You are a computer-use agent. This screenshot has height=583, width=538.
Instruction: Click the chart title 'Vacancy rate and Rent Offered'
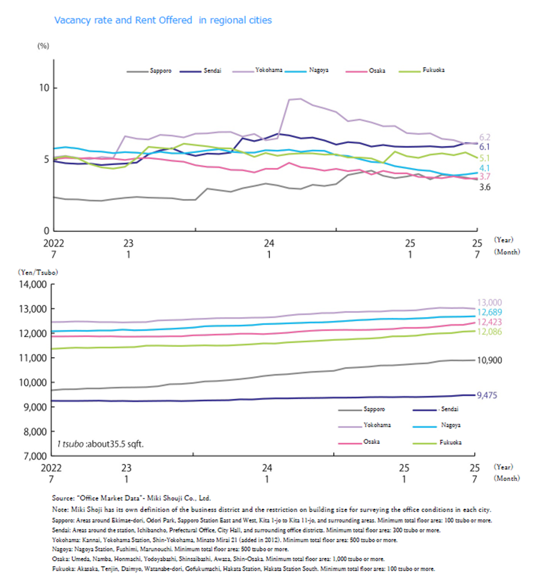tap(123, 20)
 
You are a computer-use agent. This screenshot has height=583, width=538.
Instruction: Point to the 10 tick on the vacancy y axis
tap(45, 88)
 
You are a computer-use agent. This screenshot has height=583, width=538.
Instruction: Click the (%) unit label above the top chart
tap(43, 46)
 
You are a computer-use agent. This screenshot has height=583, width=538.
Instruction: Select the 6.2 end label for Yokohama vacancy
tap(485, 138)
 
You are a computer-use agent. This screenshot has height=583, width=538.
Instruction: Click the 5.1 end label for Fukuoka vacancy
tap(485, 158)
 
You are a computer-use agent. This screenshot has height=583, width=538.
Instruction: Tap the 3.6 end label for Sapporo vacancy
tap(485, 187)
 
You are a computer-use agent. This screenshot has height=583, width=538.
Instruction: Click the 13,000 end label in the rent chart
tap(489, 302)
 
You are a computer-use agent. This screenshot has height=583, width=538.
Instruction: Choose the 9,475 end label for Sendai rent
tap(487, 395)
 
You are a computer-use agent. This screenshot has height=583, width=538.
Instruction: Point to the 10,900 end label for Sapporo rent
tap(489, 360)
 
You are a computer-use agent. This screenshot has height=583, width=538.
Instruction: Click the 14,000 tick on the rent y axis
tap(33, 284)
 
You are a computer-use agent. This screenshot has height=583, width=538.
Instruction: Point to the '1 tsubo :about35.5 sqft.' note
tap(100, 444)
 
